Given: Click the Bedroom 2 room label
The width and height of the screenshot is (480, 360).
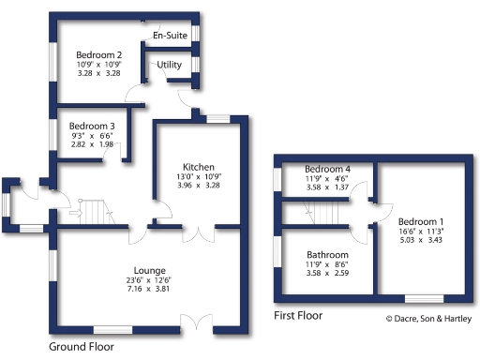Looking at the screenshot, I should pos(99,54).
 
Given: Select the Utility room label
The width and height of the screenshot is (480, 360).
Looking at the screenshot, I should pos(169,64).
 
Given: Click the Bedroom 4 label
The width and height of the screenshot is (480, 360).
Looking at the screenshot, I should pos(327,168).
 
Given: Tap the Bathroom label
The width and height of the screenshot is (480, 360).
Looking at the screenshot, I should pos(327,254).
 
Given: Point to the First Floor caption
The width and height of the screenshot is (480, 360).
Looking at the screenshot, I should pos(297,317).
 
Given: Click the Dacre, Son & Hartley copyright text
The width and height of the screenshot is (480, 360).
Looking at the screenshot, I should pos(429,319).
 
